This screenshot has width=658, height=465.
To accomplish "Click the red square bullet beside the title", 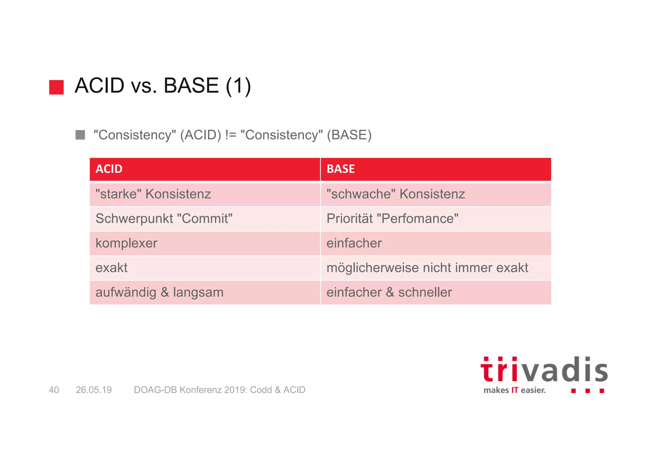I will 56,87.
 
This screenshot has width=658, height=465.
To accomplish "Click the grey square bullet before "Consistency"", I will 80,135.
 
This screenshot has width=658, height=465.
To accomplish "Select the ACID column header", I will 205,169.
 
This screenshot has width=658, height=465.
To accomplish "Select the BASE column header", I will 436,169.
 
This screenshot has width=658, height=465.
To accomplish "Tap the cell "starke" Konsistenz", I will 205,194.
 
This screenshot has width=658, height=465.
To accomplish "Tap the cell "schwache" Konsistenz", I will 436,194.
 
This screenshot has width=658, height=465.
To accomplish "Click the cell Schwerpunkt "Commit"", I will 205,219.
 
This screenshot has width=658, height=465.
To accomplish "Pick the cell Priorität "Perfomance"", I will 436,219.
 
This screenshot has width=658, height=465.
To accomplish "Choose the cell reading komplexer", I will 205,243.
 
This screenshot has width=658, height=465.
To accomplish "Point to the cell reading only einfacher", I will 436,243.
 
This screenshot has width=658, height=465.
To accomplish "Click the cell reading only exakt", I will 205,268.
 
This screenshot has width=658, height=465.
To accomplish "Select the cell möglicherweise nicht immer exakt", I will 436,268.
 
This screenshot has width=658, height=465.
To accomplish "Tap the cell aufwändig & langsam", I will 205,293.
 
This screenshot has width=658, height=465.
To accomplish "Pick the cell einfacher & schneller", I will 436,293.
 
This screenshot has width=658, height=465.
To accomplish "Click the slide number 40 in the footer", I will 54,390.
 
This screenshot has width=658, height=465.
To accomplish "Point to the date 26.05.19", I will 93,390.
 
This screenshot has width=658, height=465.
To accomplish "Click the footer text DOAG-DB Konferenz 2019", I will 219,390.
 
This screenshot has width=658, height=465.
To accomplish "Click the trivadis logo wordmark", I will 544,370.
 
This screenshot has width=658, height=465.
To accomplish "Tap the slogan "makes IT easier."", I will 514,390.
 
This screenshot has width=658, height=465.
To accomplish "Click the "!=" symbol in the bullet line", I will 230,135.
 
